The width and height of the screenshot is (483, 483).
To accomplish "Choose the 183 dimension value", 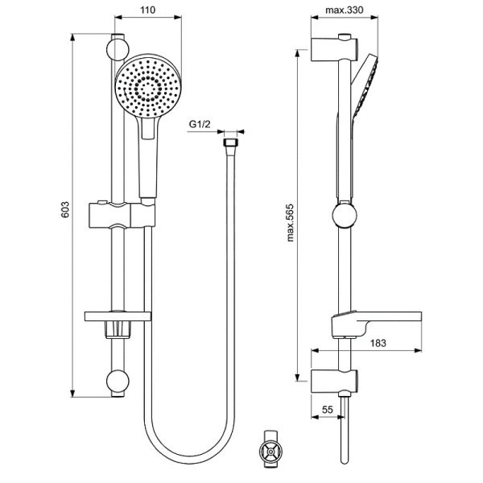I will (378, 342).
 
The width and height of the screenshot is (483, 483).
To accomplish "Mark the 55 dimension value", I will (328, 409).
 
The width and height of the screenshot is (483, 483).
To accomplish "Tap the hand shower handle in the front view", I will (149, 161).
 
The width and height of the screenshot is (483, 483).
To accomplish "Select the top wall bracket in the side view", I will (332, 47).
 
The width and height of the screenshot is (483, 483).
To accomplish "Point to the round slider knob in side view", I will (345, 217).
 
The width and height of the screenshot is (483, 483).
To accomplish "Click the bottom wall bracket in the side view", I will (332, 379).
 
